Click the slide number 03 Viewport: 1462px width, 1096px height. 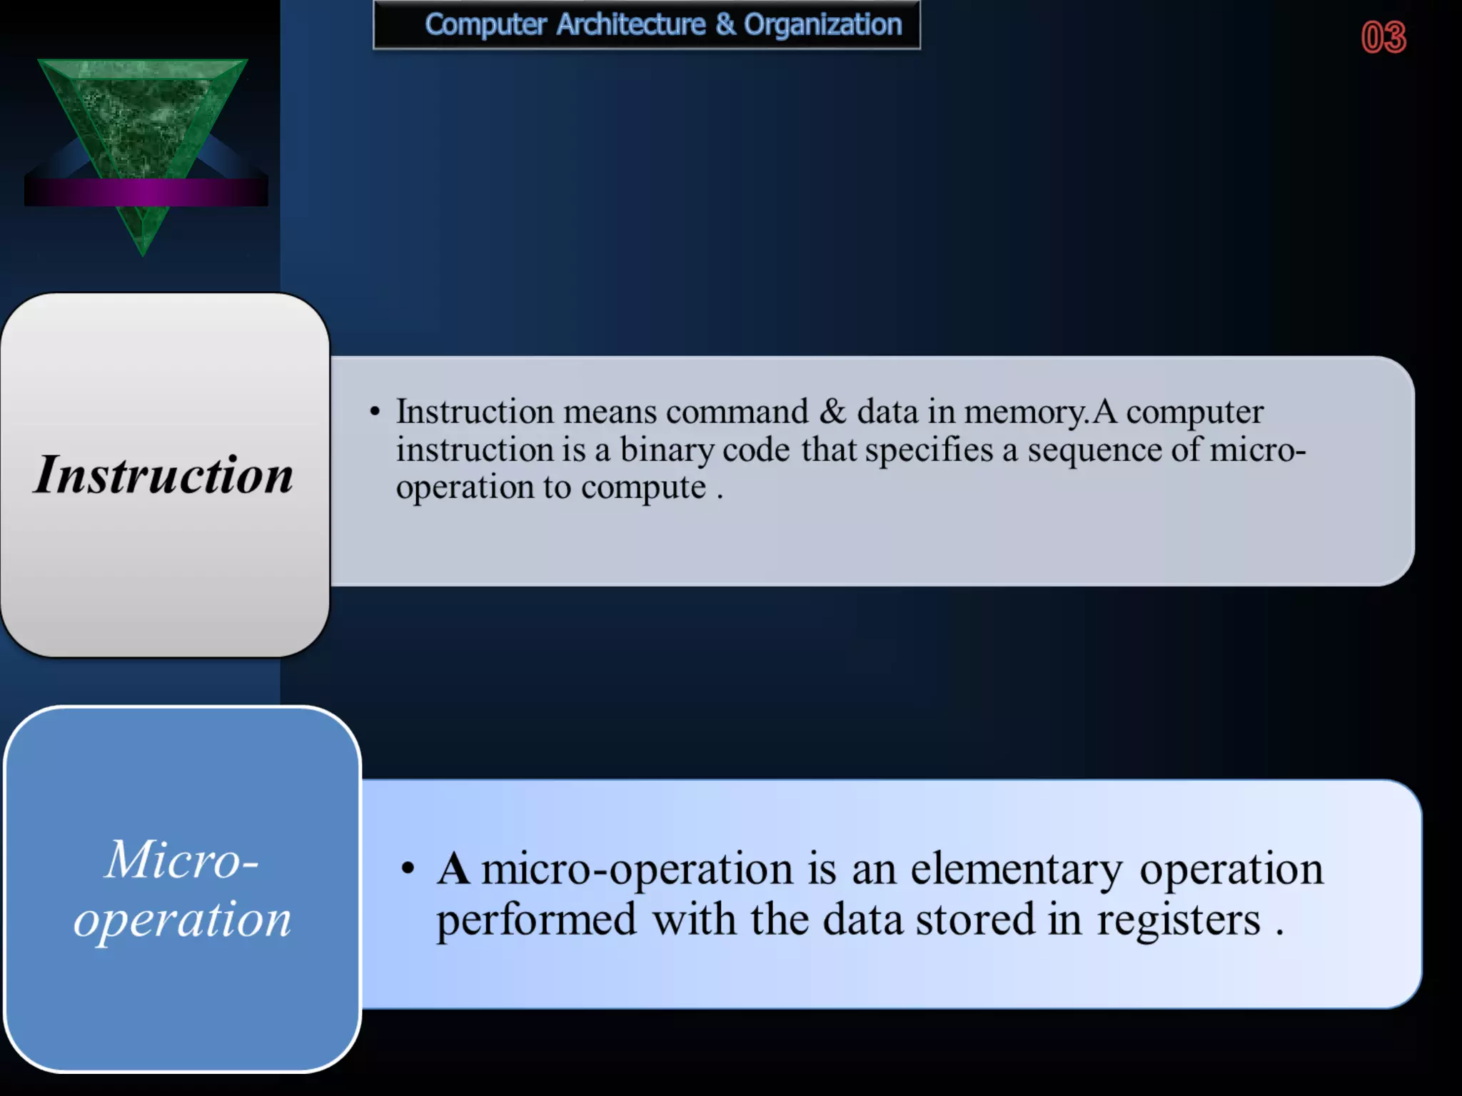1383,37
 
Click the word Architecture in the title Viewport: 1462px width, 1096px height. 631,25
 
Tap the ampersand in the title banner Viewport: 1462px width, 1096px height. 725,25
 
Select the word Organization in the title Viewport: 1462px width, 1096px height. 822,25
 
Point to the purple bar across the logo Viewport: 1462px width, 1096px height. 146,192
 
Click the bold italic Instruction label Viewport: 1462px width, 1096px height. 163,475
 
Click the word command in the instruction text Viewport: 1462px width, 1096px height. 737,412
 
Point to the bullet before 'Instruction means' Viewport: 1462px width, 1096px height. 375,412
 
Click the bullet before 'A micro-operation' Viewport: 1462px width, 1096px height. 408,869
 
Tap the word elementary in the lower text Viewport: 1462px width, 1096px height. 1016,870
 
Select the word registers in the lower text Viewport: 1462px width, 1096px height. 1179,920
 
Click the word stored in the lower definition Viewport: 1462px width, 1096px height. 974,920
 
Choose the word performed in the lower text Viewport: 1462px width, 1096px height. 536,920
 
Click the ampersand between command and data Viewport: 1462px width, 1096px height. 832,412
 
